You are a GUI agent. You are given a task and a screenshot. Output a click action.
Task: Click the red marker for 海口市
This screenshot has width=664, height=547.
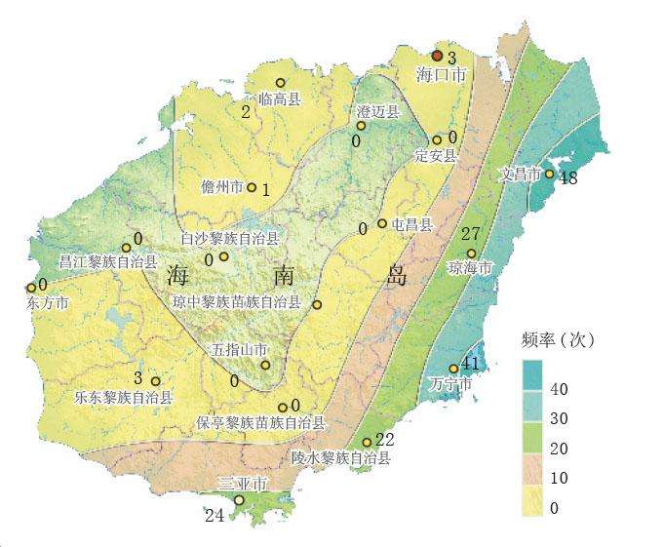tap(438, 57)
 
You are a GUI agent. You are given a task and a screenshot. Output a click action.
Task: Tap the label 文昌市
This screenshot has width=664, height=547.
tap(520, 175)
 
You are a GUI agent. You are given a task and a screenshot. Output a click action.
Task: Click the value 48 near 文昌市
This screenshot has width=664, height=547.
tap(568, 178)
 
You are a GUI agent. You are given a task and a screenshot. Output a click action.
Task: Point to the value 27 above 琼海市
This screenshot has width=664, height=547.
tap(471, 234)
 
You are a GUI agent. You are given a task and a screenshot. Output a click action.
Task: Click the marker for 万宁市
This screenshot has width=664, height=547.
tap(453, 369)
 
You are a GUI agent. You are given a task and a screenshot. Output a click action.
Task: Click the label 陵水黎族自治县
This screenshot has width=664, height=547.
tap(340, 456)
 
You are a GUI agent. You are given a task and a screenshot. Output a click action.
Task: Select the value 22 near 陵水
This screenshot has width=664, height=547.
tap(384, 439)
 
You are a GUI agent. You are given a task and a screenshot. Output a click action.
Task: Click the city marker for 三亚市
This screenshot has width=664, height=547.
tap(239, 500)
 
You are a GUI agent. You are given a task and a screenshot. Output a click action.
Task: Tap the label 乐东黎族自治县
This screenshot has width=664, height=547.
tap(124, 397)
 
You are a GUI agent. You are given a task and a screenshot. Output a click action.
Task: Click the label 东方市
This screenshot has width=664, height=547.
tap(49, 303)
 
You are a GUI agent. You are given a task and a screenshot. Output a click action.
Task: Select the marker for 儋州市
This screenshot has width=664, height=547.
tap(252, 187)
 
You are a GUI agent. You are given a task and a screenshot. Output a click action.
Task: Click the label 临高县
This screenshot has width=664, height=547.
tap(280, 98)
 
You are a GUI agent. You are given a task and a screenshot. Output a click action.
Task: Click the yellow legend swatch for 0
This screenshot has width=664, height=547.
tap(532, 503)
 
